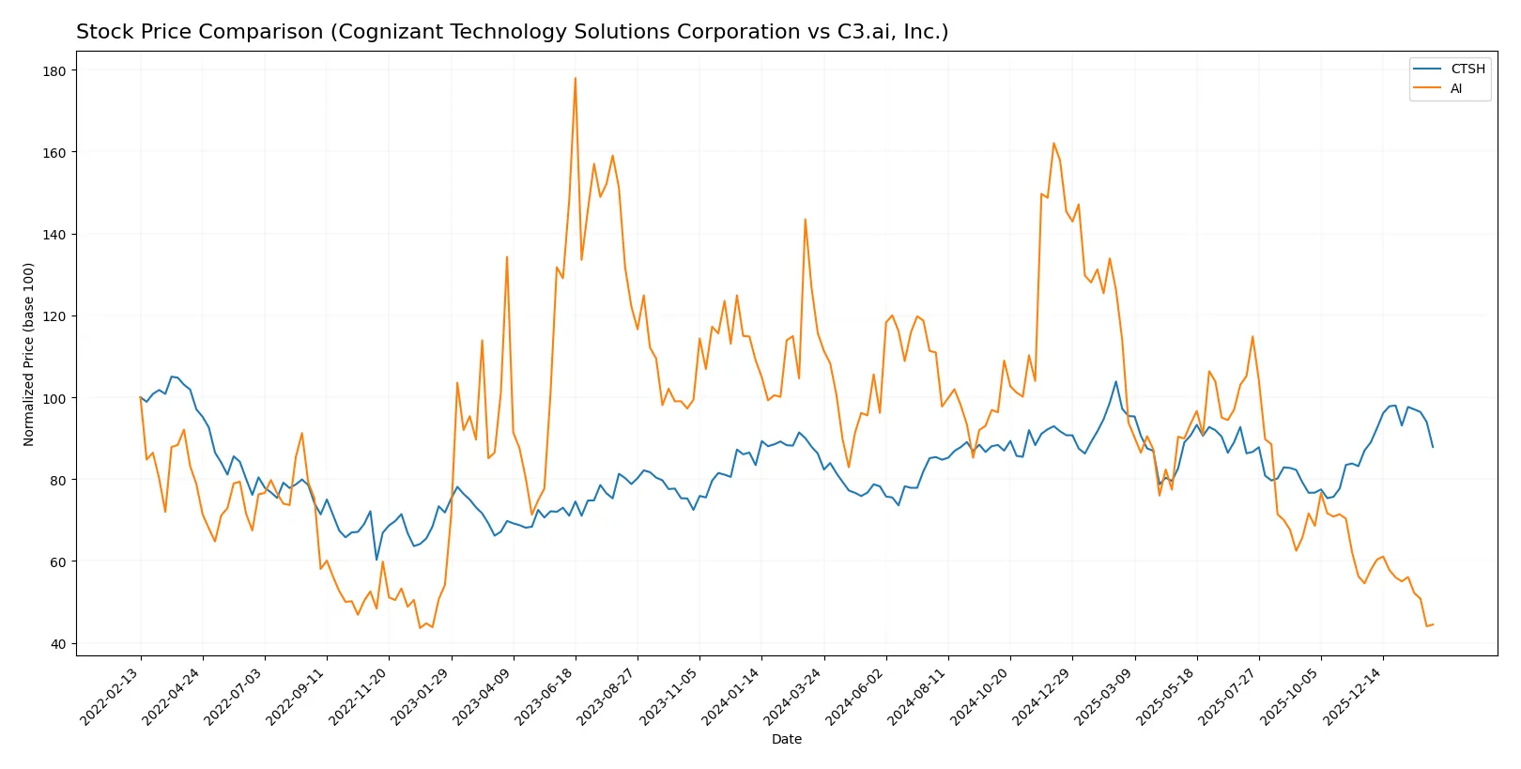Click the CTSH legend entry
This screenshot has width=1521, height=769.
[x=1467, y=69]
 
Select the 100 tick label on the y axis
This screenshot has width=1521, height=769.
[x=54, y=398]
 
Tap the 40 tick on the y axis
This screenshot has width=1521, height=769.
[x=58, y=644]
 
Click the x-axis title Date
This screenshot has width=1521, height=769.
[x=786, y=739]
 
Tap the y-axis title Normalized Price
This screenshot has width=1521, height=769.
[x=29, y=354]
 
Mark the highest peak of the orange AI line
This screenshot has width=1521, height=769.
[x=576, y=78]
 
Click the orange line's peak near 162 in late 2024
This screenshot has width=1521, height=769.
[x=1053, y=144]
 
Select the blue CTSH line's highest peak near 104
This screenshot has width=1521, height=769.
[x=1115, y=381]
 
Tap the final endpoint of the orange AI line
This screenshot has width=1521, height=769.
[x=1433, y=624]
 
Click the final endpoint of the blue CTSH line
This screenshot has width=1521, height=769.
[x=1433, y=447]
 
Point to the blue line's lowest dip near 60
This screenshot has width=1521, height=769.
[x=376, y=560]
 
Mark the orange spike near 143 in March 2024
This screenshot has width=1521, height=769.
[x=805, y=220]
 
